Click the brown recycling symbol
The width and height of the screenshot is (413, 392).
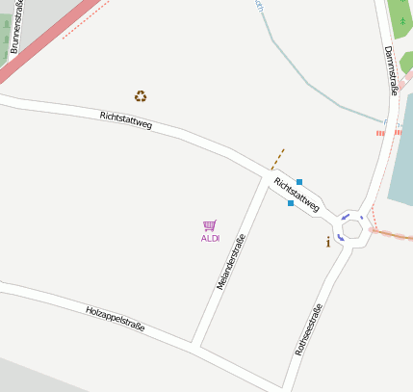(x=141, y=95)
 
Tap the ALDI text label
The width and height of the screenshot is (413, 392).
(x=210, y=238)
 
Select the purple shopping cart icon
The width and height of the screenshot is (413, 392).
(x=210, y=225)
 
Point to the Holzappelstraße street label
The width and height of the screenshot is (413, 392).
(x=115, y=319)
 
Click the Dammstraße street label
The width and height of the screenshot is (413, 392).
(x=391, y=70)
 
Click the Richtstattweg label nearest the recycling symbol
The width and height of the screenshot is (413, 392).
(x=126, y=121)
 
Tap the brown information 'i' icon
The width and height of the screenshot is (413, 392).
(x=328, y=242)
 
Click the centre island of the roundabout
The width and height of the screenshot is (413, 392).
(x=352, y=229)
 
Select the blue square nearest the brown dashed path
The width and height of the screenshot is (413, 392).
(x=299, y=182)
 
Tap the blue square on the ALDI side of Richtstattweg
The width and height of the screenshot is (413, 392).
(x=290, y=203)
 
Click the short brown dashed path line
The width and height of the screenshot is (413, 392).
(x=277, y=159)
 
